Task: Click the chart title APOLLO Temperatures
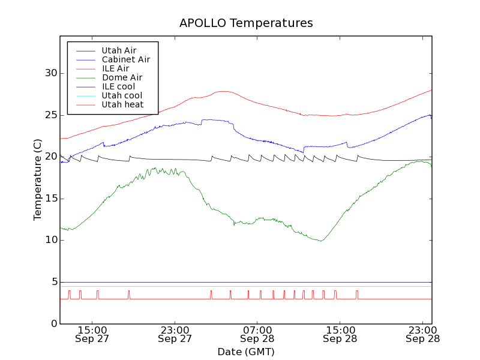click(x=246, y=23)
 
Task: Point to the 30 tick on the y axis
click(x=50, y=73)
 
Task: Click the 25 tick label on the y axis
click(x=50, y=115)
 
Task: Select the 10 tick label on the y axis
click(x=50, y=240)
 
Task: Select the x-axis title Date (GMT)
click(x=246, y=352)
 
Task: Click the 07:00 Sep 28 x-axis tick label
click(x=257, y=334)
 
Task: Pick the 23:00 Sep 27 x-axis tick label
click(x=175, y=334)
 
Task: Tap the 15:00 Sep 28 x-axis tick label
click(x=340, y=334)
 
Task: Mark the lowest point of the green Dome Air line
click(x=322, y=241)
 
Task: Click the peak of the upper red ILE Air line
click(x=223, y=91)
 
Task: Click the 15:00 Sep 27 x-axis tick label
click(x=92, y=334)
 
